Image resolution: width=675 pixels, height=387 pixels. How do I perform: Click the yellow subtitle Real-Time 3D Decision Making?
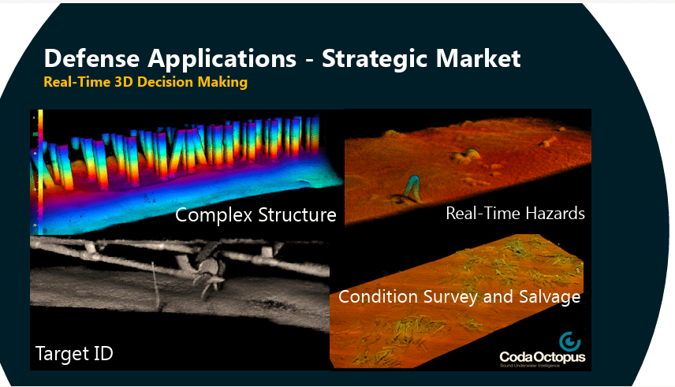146,82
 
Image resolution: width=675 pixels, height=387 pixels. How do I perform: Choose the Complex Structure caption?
255,215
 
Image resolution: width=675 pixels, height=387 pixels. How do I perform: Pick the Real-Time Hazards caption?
515,213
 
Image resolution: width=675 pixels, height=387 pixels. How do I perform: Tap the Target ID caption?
74,354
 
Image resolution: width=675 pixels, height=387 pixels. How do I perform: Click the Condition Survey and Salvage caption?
459,297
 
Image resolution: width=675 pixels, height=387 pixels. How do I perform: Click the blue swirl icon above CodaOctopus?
569,341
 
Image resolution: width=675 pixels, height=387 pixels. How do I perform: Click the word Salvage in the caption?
551,297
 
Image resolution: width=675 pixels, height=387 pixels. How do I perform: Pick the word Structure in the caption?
300,215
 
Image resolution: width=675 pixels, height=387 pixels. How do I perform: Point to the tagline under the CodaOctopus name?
543,368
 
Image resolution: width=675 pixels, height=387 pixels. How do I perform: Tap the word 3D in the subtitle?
124,82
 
